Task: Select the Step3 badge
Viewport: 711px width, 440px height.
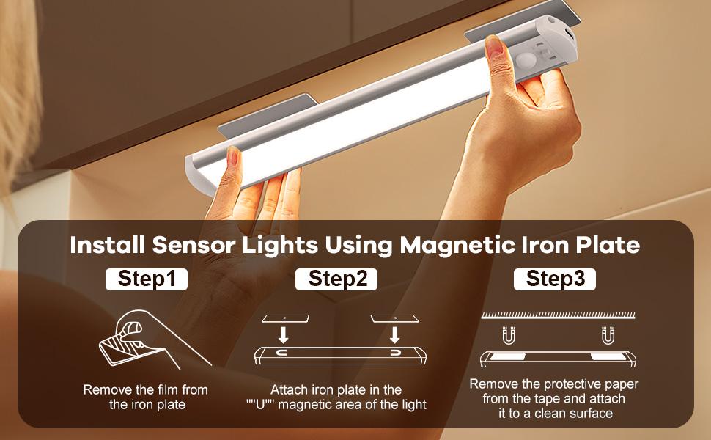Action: (554, 279)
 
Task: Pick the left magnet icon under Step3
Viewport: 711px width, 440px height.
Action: (505, 336)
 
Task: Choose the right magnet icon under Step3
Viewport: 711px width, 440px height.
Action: (607, 336)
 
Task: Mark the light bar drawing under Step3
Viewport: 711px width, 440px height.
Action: (556, 359)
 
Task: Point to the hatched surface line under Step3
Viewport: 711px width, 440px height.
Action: (556, 315)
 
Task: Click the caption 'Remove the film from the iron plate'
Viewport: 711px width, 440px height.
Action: (145, 397)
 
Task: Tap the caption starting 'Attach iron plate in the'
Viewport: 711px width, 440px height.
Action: (336, 397)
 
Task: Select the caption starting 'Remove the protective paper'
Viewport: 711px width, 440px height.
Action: (553, 398)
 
